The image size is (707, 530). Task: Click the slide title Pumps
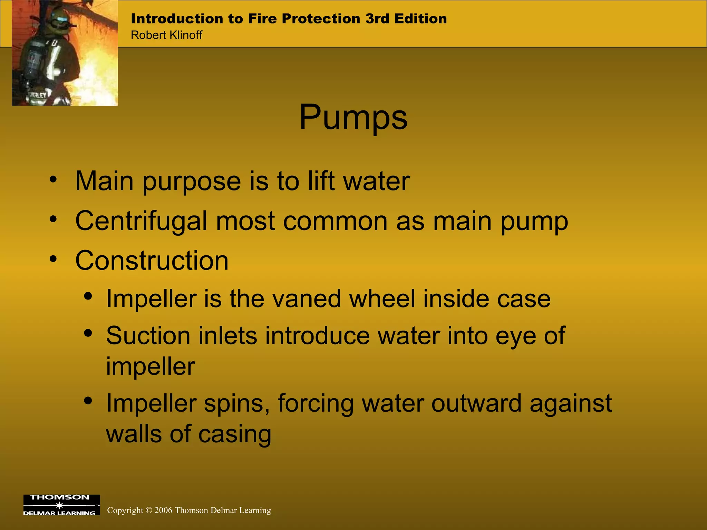(x=353, y=118)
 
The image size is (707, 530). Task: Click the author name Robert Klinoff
(x=166, y=35)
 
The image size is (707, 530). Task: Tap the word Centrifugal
(x=141, y=221)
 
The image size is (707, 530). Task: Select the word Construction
(x=152, y=261)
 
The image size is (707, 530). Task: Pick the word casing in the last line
(x=235, y=434)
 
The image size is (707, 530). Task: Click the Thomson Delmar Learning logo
(x=61, y=505)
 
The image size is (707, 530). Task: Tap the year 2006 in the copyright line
(x=163, y=510)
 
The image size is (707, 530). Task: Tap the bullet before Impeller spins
(x=88, y=401)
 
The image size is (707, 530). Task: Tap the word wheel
(x=382, y=298)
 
